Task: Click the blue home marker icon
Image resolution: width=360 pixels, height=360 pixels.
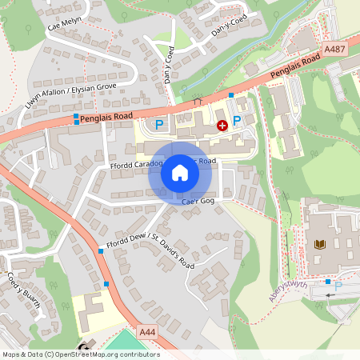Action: (179, 173)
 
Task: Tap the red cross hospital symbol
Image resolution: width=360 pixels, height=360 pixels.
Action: (222, 126)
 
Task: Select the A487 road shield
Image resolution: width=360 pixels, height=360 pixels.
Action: (334, 50)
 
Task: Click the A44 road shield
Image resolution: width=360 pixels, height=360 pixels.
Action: (146, 331)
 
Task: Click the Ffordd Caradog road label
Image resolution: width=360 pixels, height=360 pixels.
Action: (137, 165)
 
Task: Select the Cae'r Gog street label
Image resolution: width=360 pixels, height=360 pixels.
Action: (198, 202)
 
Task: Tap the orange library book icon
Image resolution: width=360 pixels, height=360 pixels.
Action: (322, 243)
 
